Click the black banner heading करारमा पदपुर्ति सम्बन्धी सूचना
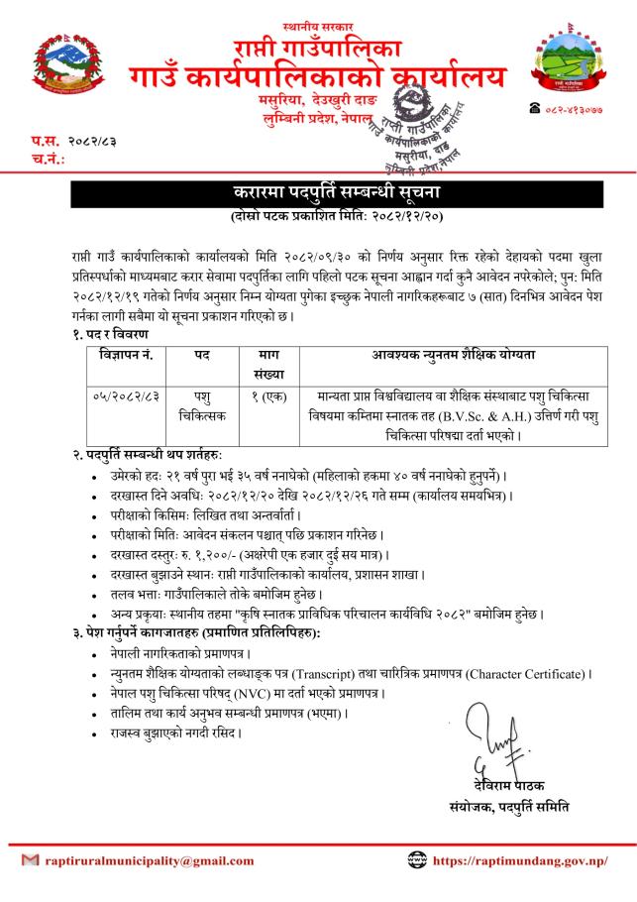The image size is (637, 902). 318,192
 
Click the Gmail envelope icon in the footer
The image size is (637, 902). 30,860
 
